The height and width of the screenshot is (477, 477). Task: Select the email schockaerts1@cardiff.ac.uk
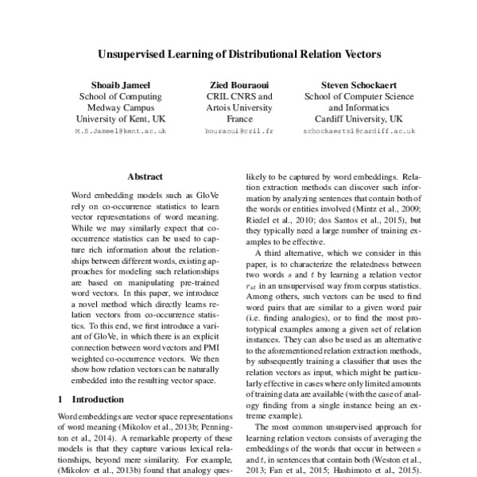355,129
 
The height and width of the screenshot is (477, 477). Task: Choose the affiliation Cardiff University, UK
355,118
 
